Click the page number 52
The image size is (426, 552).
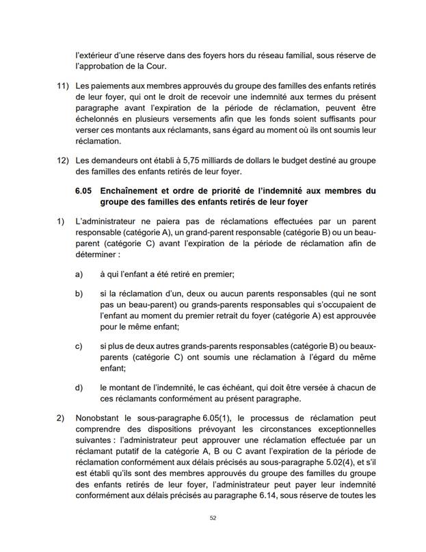(x=213, y=518)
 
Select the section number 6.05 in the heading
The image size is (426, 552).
(x=86, y=190)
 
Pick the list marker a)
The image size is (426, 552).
(x=79, y=274)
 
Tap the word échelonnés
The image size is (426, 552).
(x=96, y=131)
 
